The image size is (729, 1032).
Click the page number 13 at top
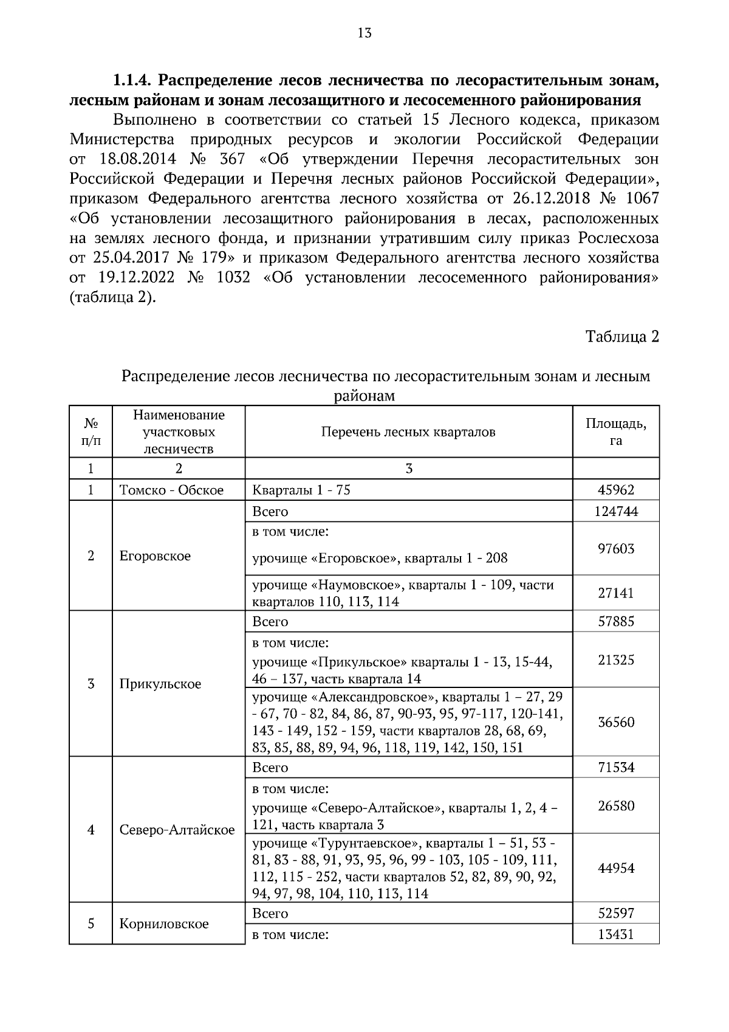[x=364, y=33]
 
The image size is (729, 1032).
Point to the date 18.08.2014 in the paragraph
[x=136, y=159]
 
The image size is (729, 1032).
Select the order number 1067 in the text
[x=642, y=199]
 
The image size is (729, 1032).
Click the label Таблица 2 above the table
[x=622, y=337]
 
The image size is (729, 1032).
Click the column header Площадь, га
[x=615, y=432]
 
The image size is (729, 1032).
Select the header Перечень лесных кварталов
[x=408, y=432]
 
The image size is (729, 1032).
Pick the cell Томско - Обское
[x=172, y=490]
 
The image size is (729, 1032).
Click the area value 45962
[x=615, y=490]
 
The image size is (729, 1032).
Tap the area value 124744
[x=615, y=512]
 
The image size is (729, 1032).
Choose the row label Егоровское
[x=155, y=556]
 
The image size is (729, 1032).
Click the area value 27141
[x=615, y=593]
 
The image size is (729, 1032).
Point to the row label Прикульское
[x=160, y=684]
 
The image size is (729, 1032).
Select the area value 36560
[x=615, y=723]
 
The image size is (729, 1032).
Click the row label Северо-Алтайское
[x=177, y=830]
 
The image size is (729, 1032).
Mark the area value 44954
[x=615, y=869]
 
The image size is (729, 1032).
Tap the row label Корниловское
[x=164, y=924]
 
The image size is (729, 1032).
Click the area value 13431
[x=615, y=935]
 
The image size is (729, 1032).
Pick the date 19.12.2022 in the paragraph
[x=136, y=278]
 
